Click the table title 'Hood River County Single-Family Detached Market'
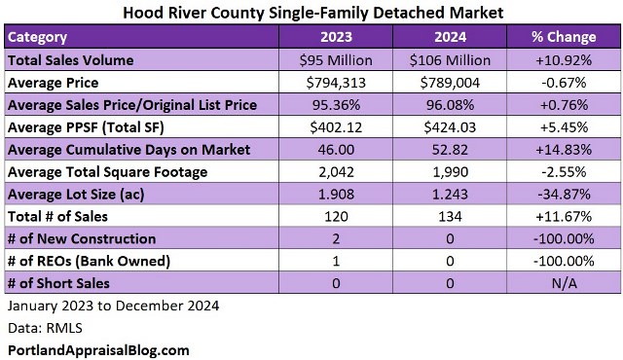[x=311, y=13]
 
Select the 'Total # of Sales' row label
[x=59, y=216]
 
